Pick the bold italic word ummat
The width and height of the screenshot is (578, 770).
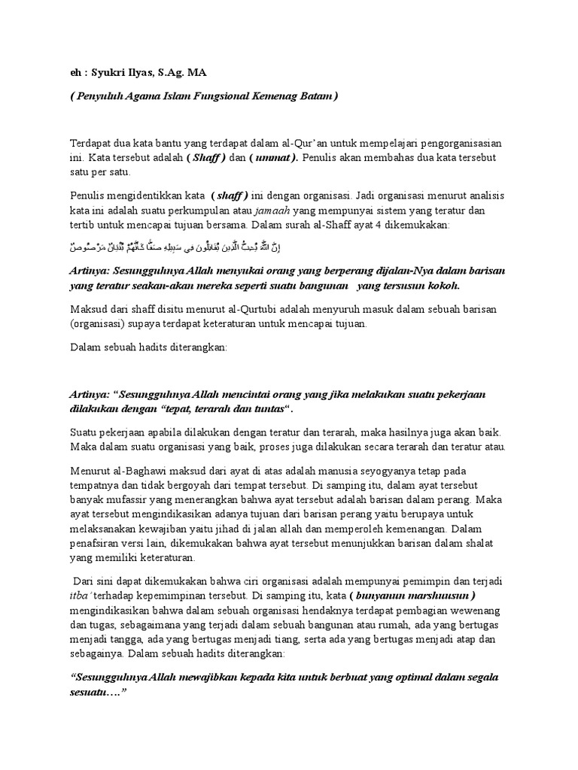pyautogui.click(x=276, y=158)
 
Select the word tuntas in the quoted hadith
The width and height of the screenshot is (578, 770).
pyautogui.click(x=271, y=411)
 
